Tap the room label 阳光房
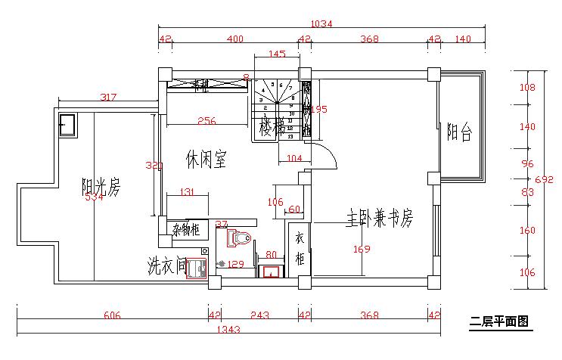[x=101, y=186]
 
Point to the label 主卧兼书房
[x=380, y=218]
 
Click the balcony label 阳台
[x=459, y=133]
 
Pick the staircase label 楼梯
[x=272, y=127]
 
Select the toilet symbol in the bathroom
[x=240, y=238]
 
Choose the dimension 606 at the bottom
[x=113, y=315]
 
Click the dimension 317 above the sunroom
[x=109, y=97]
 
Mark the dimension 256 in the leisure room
[x=206, y=120]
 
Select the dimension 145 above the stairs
[x=277, y=54]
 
